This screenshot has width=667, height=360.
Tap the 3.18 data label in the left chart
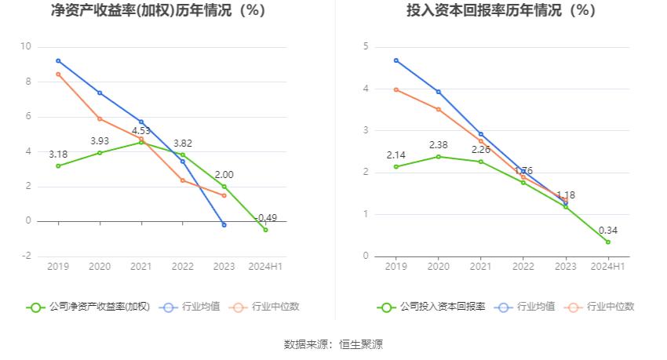[58, 154]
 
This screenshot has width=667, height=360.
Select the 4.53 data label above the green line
[141, 130]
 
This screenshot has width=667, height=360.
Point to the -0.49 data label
[267, 217]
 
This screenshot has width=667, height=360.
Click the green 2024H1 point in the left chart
[265, 230]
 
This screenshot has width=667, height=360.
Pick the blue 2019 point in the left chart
[58, 60]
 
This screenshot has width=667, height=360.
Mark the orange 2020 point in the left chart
[100, 118]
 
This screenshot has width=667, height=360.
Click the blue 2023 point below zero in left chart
[224, 225]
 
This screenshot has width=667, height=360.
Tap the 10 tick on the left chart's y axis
[26, 47]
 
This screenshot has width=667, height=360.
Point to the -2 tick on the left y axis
[26, 256]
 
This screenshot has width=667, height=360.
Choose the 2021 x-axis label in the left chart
[141, 267]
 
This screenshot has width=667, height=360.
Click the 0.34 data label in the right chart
[607, 230]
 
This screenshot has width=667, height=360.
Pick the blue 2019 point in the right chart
[396, 60]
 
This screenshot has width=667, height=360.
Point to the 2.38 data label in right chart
[438, 145]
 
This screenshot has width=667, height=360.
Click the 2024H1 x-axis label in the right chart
[607, 267]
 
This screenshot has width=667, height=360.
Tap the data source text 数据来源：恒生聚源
[333, 344]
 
